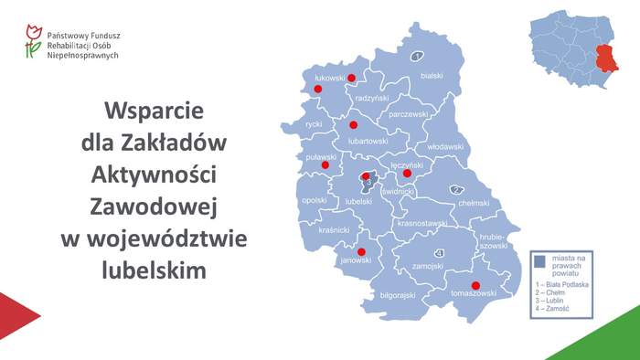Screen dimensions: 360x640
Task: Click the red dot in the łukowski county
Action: (x=318, y=90)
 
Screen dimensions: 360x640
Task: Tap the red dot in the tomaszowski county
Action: (x=475, y=285)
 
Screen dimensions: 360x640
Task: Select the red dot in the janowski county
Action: (x=361, y=252)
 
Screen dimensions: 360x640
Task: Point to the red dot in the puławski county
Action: (x=325, y=166)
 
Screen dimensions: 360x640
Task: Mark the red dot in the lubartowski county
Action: (x=353, y=125)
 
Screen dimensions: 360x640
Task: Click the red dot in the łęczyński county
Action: (x=407, y=173)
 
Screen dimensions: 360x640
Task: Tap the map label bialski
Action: (x=432, y=76)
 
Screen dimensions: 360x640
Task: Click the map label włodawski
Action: (x=446, y=147)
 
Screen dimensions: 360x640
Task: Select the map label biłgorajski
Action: (x=398, y=295)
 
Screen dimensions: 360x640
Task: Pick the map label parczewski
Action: (x=409, y=114)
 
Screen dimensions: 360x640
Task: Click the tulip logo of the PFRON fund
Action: (x=34, y=40)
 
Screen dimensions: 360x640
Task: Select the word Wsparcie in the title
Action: (x=154, y=111)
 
